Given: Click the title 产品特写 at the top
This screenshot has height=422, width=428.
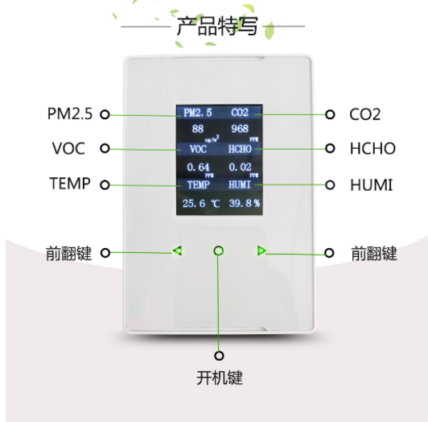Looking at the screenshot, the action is tap(217, 26).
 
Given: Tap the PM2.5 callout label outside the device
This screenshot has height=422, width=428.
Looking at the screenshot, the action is tap(70, 114).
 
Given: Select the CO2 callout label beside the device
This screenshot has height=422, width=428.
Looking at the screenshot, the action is tap(364, 114).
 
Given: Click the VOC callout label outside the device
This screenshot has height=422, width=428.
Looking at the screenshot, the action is tap(68, 148).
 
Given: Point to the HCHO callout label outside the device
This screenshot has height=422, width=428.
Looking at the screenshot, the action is tap(372, 148).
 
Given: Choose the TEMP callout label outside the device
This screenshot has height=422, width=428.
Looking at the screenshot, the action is tap(70, 183).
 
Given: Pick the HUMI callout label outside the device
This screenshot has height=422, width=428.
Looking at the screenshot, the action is tap(372, 184).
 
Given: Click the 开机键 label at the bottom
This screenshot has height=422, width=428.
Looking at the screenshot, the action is tap(220, 378).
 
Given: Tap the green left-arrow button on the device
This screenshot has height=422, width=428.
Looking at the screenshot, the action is tap(178, 250).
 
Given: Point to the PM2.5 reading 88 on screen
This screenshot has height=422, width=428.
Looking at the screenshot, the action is tap(198, 129).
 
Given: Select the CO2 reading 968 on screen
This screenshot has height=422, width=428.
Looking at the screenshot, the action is tap(240, 129).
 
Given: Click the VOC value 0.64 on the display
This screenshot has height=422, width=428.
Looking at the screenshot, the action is tap(198, 167).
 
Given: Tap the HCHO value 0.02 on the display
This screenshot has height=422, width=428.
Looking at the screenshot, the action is tap(241, 167).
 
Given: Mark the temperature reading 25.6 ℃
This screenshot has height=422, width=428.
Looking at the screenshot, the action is tap(201, 203).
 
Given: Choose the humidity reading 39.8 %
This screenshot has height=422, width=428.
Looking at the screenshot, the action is tap(245, 203).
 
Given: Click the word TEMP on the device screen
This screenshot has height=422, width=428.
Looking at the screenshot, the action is tap(199, 184).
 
